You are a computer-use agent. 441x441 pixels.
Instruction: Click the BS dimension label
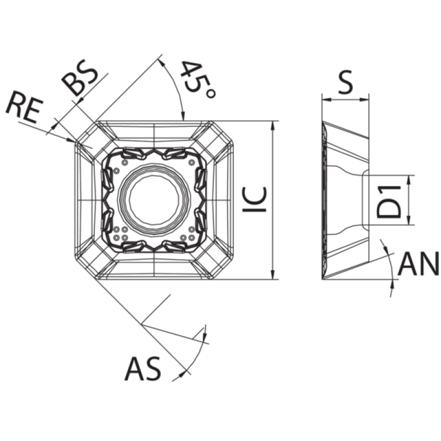pyautogui.click(x=80, y=77)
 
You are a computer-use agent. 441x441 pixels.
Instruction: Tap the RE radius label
pyautogui.click(x=25, y=108)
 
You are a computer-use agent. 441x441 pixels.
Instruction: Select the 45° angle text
pyautogui.click(x=197, y=80)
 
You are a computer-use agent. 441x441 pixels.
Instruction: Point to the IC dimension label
pyautogui.click(x=255, y=200)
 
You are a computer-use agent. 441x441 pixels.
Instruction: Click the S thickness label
pyautogui.click(x=345, y=82)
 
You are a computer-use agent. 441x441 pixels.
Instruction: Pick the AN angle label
pyautogui.click(x=418, y=263)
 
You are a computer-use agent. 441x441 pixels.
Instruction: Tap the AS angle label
pyautogui.click(x=143, y=369)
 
